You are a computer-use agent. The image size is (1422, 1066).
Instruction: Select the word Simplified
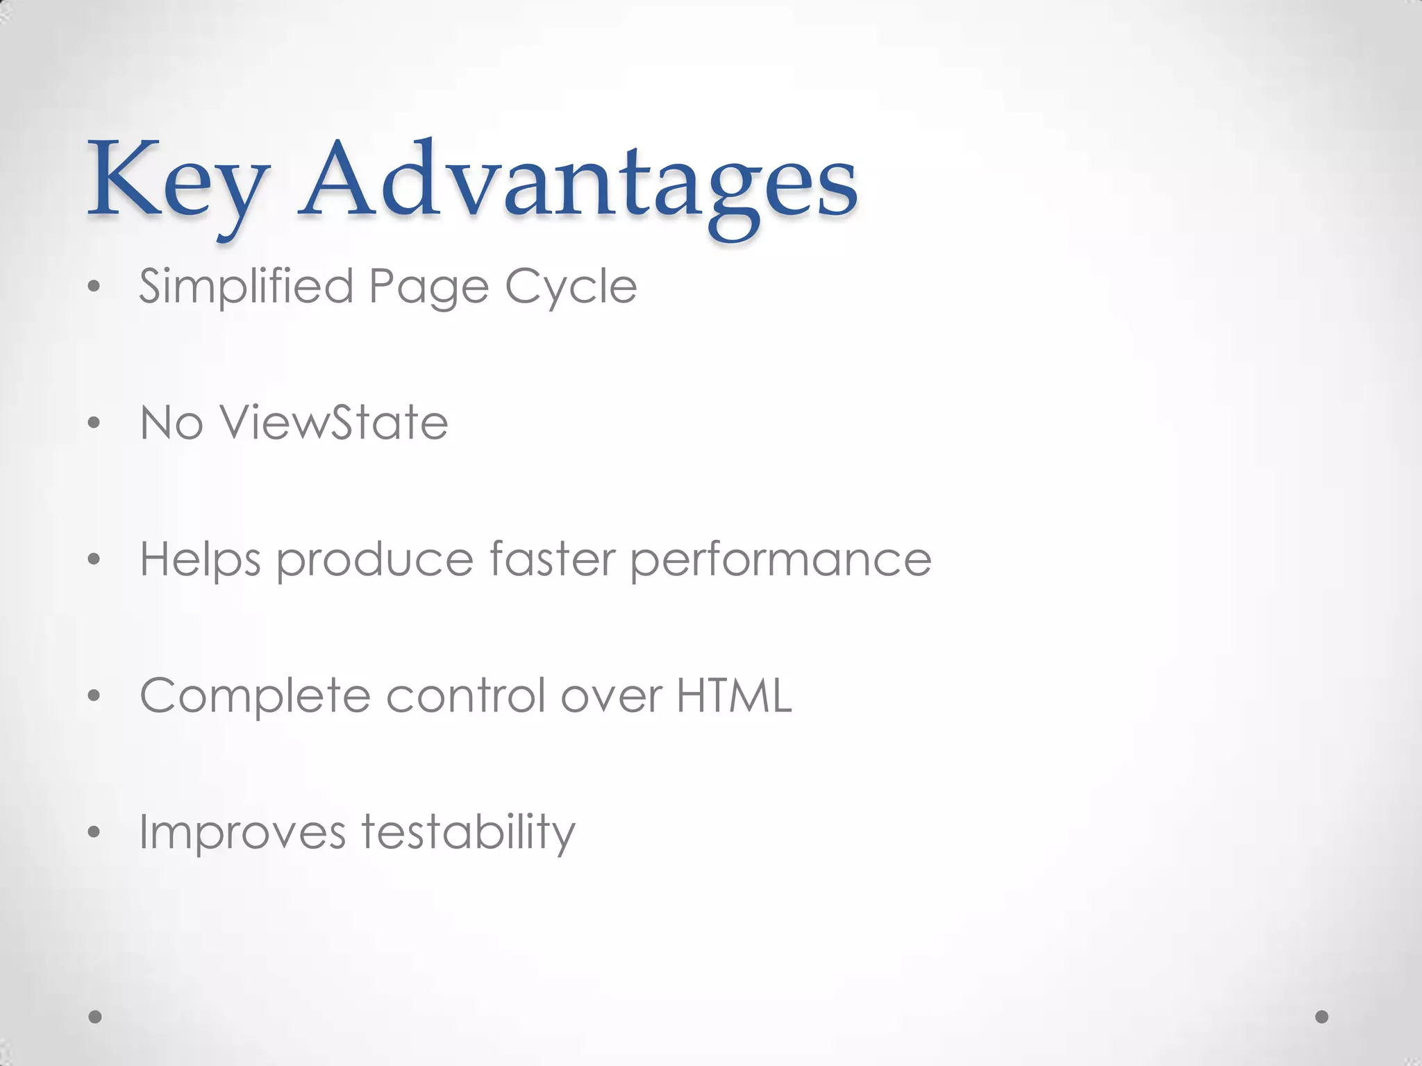(246, 287)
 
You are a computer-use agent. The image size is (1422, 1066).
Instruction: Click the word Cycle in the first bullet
(571, 287)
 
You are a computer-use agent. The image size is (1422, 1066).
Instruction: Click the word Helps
(201, 559)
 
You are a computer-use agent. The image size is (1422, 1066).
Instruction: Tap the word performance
(780, 559)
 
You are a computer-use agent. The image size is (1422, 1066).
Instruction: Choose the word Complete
(256, 695)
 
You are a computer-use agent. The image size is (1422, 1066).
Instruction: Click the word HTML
(734, 695)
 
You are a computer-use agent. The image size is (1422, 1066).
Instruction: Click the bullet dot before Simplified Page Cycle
(94, 288)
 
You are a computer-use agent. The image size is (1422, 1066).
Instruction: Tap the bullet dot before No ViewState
(94, 423)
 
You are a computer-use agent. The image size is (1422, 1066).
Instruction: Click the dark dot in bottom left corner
(95, 1017)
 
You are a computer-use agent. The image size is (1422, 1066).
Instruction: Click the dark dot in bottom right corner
(1322, 1017)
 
